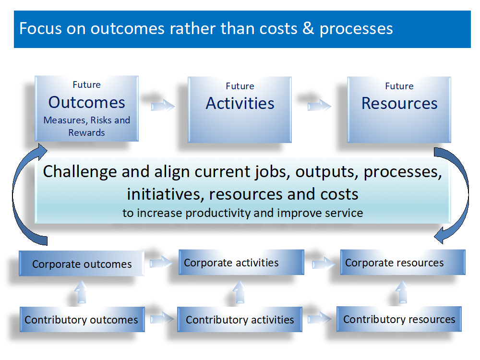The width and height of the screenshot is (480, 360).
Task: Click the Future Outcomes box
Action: coord(86,108)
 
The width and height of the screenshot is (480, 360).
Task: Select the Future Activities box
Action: coord(240,109)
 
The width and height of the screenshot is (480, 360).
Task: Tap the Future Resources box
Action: coord(399,109)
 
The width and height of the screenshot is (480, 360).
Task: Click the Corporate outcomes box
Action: coord(82,264)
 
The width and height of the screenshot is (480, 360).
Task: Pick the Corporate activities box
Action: coord(241,263)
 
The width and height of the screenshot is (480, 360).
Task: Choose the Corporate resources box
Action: coord(403,263)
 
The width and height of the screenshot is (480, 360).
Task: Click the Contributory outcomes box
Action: coord(83,320)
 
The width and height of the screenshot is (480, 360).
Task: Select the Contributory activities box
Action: coord(240,320)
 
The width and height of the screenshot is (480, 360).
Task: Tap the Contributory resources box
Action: coord(399,319)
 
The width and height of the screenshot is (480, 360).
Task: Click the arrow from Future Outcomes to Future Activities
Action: coord(163,106)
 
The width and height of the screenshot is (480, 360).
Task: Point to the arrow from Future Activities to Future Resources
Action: coord(319,106)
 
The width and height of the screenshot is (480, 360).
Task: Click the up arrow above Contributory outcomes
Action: coord(81,292)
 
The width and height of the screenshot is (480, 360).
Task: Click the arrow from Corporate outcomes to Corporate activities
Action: coord(161,263)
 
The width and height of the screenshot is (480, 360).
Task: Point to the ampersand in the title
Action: coord(308,28)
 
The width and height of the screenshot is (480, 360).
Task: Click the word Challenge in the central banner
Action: coord(80,172)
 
